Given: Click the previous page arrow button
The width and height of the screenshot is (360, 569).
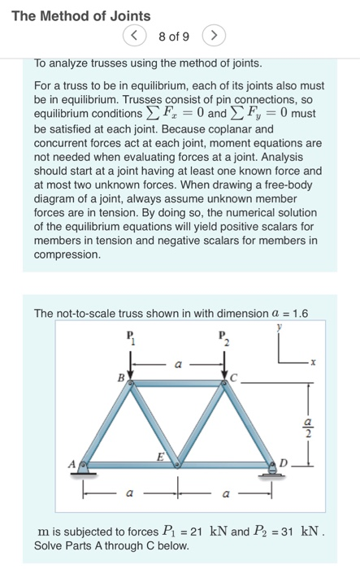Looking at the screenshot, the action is point(133,37).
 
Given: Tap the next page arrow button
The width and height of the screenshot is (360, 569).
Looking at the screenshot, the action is point(213,37).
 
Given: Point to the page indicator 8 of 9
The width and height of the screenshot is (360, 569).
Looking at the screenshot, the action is point(173,37).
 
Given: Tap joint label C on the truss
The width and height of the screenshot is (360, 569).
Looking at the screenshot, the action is point(235,377).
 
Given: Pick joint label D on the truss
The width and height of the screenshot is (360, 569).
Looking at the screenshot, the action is point(283,463).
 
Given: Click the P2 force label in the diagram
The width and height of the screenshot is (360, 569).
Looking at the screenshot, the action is point(225,337).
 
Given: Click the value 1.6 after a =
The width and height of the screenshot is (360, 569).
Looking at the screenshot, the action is point(298,313).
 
